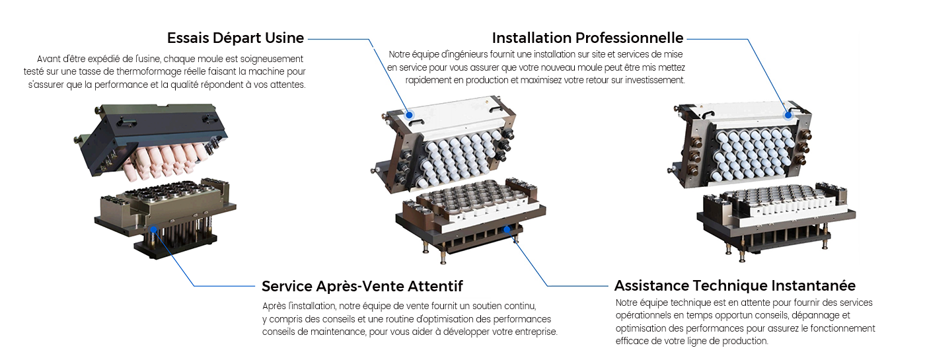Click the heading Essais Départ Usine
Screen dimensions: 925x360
(x=235, y=38)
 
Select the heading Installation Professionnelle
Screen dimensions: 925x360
(x=587, y=38)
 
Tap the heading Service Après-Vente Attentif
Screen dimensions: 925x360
(x=362, y=286)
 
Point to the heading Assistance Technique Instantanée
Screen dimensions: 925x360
(x=735, y=285)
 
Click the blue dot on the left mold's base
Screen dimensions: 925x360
(x=153, y=229)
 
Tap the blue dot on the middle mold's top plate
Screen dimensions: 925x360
(x=409, y=115)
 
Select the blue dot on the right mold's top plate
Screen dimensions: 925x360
(x=788, y=115)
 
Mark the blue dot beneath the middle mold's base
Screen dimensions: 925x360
(x=507, y=229)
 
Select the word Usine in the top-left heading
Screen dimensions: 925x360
(x=285, y=38)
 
